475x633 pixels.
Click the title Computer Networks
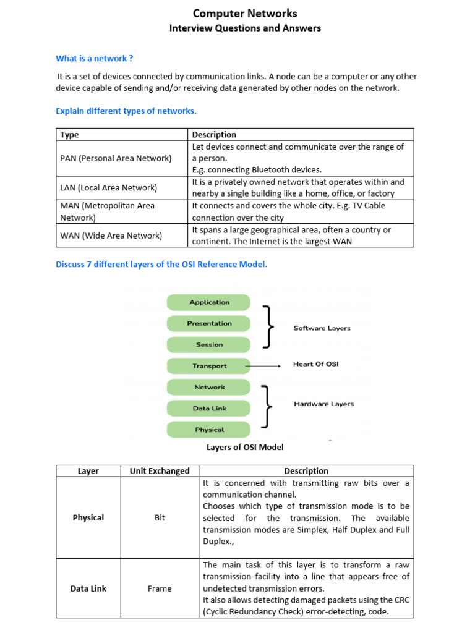[245, 13]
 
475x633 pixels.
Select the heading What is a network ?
[95, 59]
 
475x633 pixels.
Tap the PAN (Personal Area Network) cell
[116, 158]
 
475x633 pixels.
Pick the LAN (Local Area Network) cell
[109, 187]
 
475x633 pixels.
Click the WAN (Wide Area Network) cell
[111, 236]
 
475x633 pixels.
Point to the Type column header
[70, 134]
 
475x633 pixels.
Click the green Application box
[209, 302]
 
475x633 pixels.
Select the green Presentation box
[209, 323]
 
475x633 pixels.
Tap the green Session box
[209, 345]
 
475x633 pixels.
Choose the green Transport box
[209, 366]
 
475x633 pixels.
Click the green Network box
[209, 387]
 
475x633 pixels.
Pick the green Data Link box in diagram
[209, 409]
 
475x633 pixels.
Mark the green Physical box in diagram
[209, 430]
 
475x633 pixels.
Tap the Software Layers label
[322, 328]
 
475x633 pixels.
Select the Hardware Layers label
[323, 404]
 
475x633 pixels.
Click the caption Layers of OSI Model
[245, 447]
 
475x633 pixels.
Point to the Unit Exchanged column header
[160, 471]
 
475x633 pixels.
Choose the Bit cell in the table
[160, 518]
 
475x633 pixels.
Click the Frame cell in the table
[160, 588]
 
